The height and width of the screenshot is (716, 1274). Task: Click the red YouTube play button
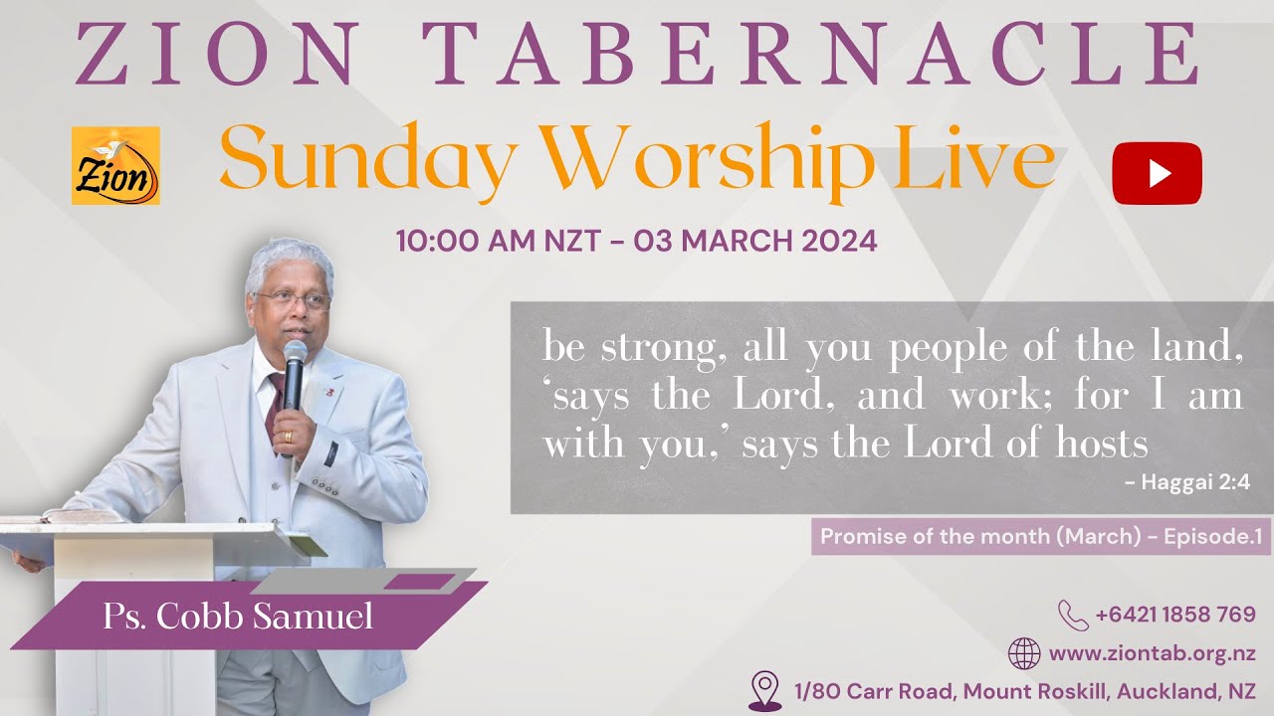(x=1157, y=173)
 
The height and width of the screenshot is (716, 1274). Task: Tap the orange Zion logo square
(x=115, y=166)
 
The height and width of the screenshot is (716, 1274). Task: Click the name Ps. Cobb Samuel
(x=238, y=617)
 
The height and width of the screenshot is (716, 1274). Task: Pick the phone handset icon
(x=1072, y=615)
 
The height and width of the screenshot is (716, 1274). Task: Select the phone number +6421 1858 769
(x=1175, y=615)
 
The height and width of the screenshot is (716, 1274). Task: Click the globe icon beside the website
(x=1024, y=654)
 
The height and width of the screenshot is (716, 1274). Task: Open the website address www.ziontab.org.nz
(x=1152, y=654)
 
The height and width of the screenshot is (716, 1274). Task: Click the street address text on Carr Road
(x=1024, y=691)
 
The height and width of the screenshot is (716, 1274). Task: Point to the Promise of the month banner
(x=1041, y=537)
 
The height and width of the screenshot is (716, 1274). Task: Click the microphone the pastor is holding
(x=294, y=372)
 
